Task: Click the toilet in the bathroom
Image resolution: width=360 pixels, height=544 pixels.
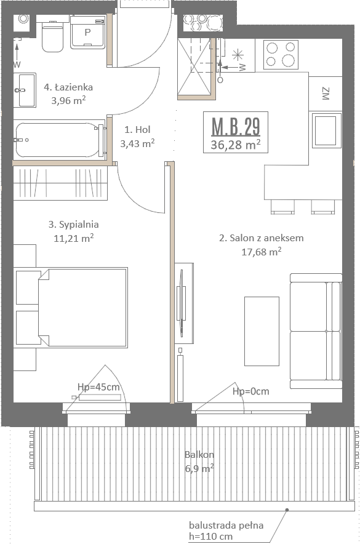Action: click(x=52, y=36)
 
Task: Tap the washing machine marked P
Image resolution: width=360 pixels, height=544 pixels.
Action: click(x=87, y=32)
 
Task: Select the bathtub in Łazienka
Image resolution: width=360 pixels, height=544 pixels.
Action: click(x=60, y=140)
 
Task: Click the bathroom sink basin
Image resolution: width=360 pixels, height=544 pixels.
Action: click(x=25, y=90)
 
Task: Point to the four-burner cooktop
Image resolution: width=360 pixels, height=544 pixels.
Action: click(x=281, y=55)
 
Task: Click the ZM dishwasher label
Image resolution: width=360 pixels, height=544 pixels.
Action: click(x=326, y=94)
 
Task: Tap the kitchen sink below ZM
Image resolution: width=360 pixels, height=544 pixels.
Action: click(x=325, y=130)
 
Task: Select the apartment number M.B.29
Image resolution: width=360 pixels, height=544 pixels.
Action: click(x=236, y=126)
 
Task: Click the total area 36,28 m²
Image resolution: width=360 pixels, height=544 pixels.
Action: click(x=236, y=144)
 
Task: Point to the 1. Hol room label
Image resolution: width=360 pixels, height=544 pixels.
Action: click(x=137, y=129)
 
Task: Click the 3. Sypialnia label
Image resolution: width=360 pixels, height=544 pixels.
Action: click(x=73, y=225)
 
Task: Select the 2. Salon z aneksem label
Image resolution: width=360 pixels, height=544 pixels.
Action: click(x=261, y=238)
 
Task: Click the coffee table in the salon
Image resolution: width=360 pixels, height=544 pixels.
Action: click(x=262, y=331)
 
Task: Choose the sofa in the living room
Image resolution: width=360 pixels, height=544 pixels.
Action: click(x=316, y=331)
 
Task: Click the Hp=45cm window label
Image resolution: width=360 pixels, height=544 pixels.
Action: click(x=98, y=387)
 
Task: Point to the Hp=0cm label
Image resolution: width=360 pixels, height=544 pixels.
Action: click(x=250, y=391)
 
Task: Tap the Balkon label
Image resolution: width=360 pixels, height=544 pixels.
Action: click(x=199, y=455)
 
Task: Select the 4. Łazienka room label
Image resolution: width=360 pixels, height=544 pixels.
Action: click(x=68, y=87)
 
